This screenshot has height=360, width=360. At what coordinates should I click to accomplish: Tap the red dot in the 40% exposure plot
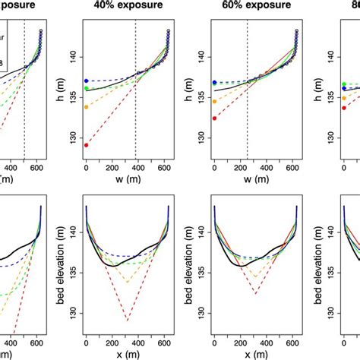point(87,144)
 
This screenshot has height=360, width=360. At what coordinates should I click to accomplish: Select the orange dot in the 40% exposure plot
point(87,107)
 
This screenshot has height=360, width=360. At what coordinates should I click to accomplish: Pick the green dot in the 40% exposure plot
point(87,88)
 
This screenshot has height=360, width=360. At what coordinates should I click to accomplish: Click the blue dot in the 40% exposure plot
point(87,81)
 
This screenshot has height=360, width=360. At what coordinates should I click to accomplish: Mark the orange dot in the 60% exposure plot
point(215,101)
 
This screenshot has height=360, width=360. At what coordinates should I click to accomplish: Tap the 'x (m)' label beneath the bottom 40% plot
point(125,355)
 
